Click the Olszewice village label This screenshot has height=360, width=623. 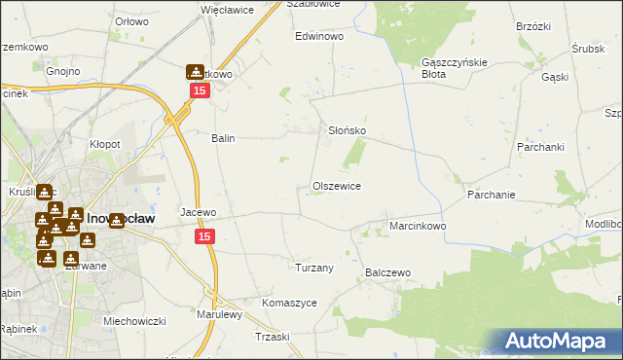pyautogui.click(x=337, y=186)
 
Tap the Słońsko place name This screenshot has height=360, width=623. pyautogui.click(x=345, y=130)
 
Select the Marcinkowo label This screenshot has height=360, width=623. pyautogui.click(x=418, y=226)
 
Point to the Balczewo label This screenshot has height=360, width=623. pyautogui.click(x=388, y=273)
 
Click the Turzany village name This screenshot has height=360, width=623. pyautogui.click(x=314, y=267)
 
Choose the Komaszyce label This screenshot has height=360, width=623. pyautogui.click(x=289, y=303)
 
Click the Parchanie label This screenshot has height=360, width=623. pyautogui.click(x=491, y=195)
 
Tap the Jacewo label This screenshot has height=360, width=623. pyautogui.click(x=199, y=212)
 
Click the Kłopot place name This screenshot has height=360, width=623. pyautogui.click(x=105, y=144)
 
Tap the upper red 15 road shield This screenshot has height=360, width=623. pyautogui.click(x=199, y=90)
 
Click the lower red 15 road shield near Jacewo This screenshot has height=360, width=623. pyautogui.click(x=204, y=236)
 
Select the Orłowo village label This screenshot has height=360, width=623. pyautogui.click(x=131, y=20)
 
